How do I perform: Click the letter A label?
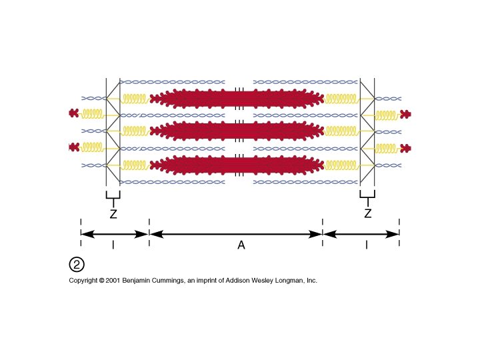click(x=241, y=246)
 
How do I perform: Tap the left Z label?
click(x=113, y=214)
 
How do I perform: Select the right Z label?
click(x=367, y=214)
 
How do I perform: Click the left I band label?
click(x=113, y=246)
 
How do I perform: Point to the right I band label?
click(x=367, y=246)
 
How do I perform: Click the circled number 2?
click(x=77, y=265)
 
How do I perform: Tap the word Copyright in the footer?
click(x=84, y=281)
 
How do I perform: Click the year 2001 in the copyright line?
click(x=112, y=281)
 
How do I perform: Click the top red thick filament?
click(x=239, y=99)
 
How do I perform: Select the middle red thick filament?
click(x=239, y=131)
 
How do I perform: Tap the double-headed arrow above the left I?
click(x=114, y=233)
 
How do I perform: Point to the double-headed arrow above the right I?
click(x=361, y=233)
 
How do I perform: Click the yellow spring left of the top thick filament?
click(x=137, y=99)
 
